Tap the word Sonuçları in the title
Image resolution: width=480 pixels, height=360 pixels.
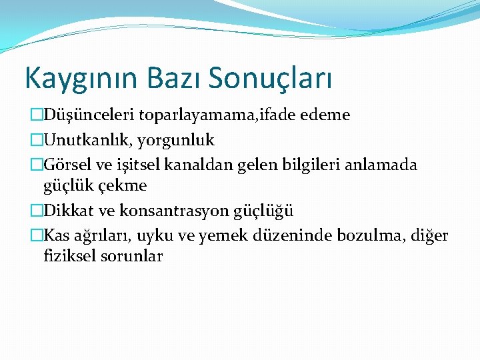[271, 78]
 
